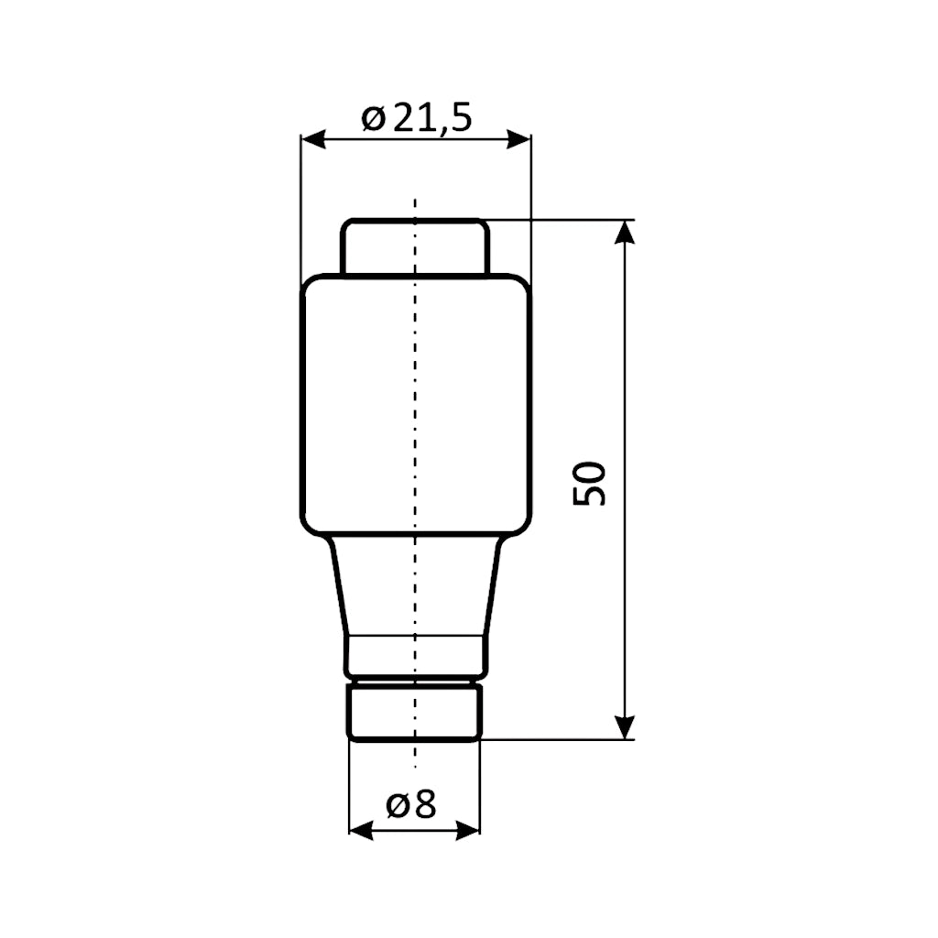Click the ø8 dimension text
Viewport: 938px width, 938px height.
point(411,805)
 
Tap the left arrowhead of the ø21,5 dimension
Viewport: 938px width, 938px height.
point(312,139)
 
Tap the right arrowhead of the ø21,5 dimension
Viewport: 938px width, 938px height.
point(519,139)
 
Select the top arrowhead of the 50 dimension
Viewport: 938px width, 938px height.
point(624,232)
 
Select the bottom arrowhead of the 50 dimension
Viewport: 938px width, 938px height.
point(624,727)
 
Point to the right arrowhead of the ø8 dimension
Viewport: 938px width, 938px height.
point(468,830)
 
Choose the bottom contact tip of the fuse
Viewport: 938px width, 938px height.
point(415,713)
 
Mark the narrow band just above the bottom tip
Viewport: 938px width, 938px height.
point(415,654)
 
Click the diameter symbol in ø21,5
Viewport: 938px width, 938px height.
point(372,118)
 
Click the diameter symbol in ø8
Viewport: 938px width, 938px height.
point(397,806)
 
